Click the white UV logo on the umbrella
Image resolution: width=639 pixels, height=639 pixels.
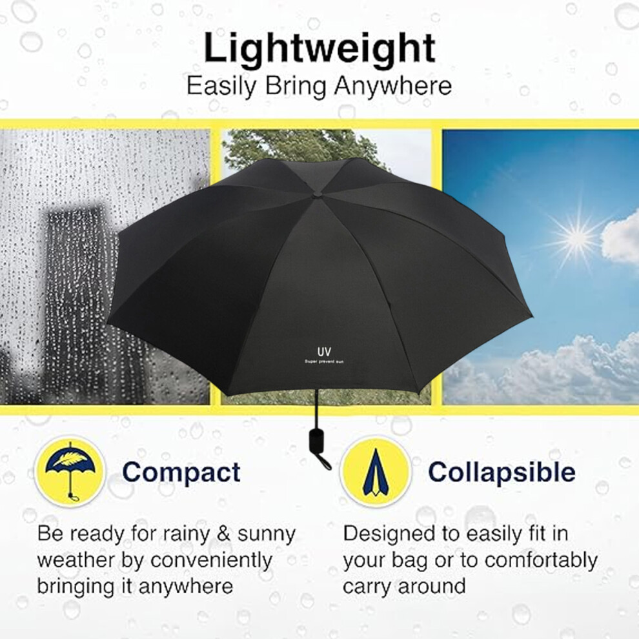tap(324, 351)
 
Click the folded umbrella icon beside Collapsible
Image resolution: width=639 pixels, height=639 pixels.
tap(375, 472)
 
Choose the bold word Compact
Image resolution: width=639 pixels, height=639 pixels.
tap(181, 472)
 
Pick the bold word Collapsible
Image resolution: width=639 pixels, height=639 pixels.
tap(502, 472)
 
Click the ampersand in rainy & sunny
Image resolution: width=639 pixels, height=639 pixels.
tap(224, 534)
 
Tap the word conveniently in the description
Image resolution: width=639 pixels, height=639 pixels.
tap(211, 560)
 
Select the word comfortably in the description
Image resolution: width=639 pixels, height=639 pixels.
tap(541, 561)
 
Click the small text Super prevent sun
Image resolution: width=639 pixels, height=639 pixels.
tap(324, 361)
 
